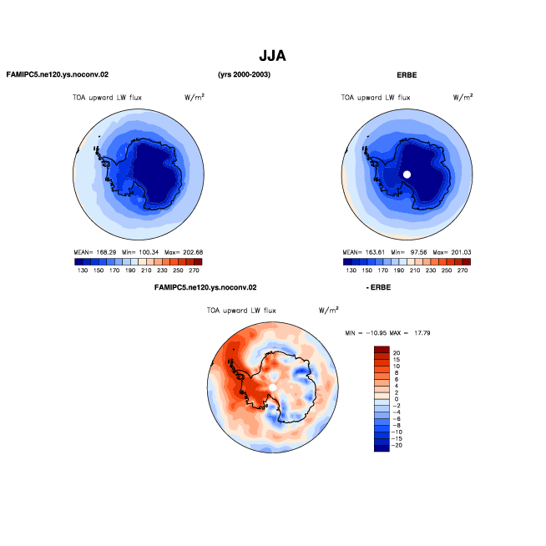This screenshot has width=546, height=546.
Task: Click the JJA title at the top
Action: (x=272, y=56)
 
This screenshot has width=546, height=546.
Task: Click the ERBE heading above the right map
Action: (x=407, y=75)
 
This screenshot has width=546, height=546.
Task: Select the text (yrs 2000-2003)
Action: (x=244, y=74)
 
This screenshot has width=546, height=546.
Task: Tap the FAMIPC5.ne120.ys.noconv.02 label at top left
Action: (x=58, y=74)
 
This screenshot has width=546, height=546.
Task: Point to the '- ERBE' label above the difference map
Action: (x=378, y=287)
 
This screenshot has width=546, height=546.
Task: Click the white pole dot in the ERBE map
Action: (x=407, y=174)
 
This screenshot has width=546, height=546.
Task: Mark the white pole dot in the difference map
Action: (x=273, y=387)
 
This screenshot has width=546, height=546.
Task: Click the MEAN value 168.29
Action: (x=106, y=252)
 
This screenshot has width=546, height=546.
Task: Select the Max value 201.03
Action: (x=461, y=252)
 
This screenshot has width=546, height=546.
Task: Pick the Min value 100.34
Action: (x=149, y=252)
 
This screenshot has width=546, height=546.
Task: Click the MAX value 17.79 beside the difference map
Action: (x=422, y=333)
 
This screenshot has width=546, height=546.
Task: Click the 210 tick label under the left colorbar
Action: (x=146, y=270)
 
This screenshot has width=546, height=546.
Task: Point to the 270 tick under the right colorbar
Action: (x=463, y=270)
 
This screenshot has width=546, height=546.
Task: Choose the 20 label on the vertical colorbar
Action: (x=397, y=353)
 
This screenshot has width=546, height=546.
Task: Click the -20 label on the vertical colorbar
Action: (x=397, y=445)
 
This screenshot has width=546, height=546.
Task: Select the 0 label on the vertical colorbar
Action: (x=397, y=399)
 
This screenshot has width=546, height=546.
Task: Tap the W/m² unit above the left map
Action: (x=195, y=97)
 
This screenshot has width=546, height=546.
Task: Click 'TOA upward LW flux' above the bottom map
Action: (x=241, y=311)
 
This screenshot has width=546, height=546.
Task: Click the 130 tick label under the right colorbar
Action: (x=351, y=270)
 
